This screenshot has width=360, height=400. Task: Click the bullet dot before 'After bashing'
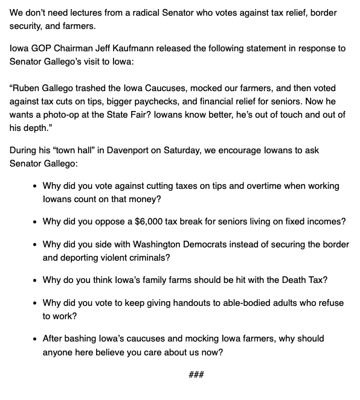pos(35,339)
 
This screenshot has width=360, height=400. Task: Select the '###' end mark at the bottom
pos(196,375)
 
